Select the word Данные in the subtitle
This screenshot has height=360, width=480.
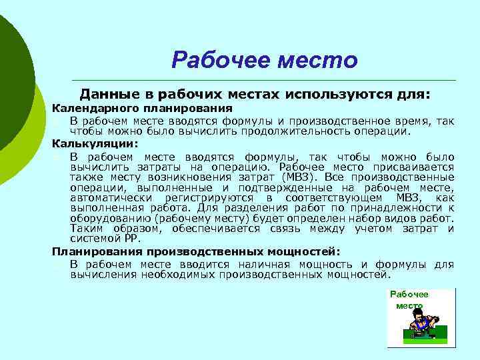coord(107,95)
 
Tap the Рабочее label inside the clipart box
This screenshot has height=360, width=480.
coord(409,294)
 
